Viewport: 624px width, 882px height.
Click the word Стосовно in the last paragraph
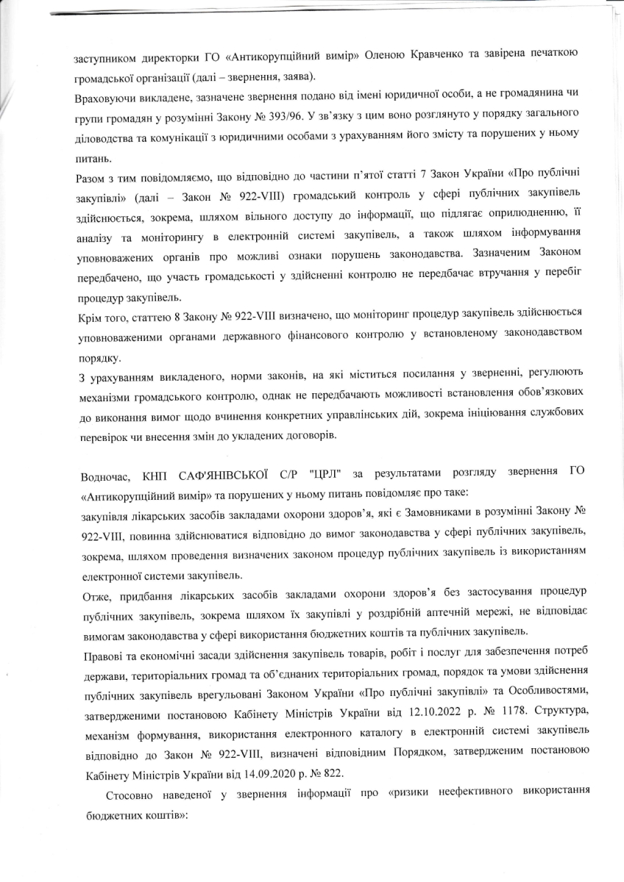coord(129,797)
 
